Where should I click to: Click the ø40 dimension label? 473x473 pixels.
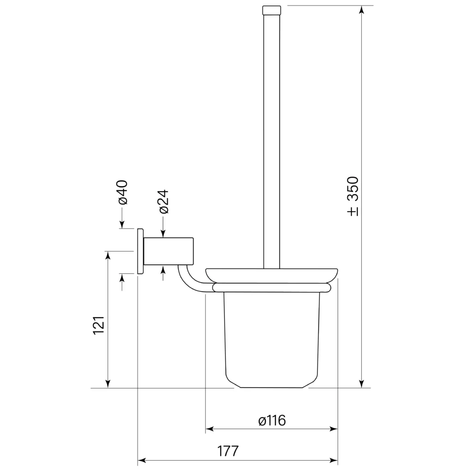123,192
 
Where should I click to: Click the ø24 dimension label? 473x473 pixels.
164,201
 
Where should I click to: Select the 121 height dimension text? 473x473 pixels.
99,325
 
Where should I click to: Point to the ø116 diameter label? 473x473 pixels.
272,420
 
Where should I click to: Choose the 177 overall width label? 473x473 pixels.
228,451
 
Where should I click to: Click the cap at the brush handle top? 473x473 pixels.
272,10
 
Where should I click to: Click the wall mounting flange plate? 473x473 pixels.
140,251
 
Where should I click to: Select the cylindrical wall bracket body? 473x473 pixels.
168,251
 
